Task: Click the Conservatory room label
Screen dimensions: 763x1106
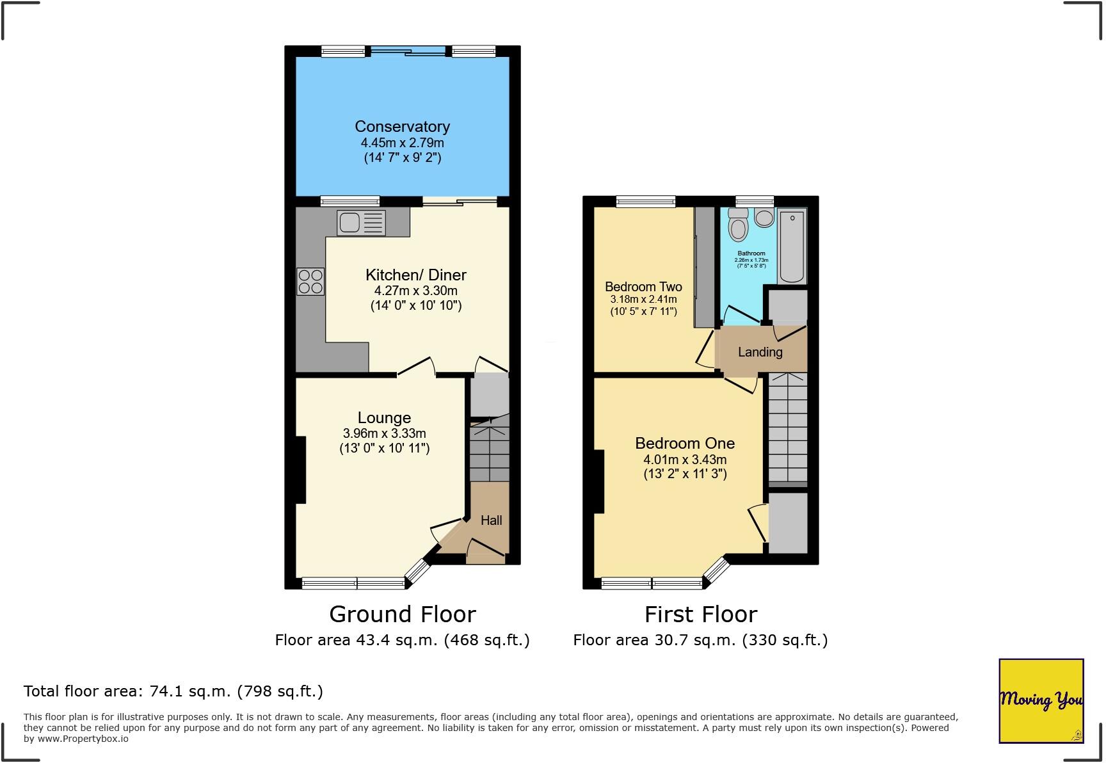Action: point(402,126)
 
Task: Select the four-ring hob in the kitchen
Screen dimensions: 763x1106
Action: point(310,282)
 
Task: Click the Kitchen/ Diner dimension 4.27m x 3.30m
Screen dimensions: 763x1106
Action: point(415,291)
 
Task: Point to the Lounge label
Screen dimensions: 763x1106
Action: point(384,418)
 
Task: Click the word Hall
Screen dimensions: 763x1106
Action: point(491,520)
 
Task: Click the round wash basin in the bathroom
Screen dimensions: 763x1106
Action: point(764,218)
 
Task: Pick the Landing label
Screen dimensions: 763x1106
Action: point(760,352)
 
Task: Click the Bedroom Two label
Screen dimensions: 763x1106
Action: point(643,287)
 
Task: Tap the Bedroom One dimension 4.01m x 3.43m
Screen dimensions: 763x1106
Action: point(685,460)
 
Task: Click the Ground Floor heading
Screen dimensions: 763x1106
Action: point(402,614)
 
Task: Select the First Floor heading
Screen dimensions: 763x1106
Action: point(700,614)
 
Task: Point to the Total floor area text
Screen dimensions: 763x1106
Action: point(173,691)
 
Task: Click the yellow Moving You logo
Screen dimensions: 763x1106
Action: point(1041,700)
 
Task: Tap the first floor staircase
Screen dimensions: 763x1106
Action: point(787,429)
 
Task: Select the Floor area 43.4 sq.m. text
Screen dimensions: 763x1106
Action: point(402,640)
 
